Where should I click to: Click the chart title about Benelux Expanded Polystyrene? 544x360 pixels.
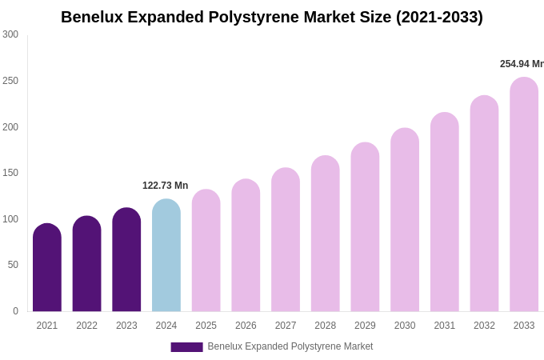pos(272,17)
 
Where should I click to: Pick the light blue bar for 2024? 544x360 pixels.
pos(166,256)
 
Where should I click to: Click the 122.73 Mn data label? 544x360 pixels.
pos(165,186)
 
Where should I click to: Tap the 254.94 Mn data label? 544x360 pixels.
pos(522,64)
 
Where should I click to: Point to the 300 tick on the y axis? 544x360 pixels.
pos(10,34)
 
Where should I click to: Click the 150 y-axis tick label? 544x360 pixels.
pos(10,173)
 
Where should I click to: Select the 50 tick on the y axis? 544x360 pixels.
pos(13,265)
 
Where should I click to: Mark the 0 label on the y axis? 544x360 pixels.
pos(15,311)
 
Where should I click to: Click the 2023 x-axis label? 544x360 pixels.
pos(126,326)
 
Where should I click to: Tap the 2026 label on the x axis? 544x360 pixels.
pos(246,326)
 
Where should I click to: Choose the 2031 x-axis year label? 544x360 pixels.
pos(445,326)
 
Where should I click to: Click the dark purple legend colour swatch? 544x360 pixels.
pos(186,347)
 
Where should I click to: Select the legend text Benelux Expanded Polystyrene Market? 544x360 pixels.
pos(290,346)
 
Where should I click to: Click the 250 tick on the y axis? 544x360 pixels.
pos(10,81)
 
